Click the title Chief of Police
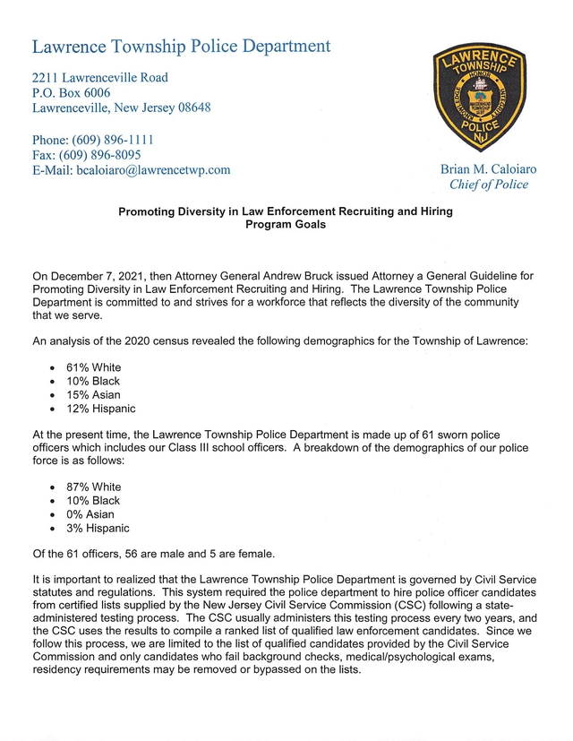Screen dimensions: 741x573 coord(489,185)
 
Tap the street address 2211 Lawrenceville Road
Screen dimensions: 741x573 coord(99,78)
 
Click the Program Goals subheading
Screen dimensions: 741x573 coord(286,225)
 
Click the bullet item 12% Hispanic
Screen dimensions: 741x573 coord(100,409)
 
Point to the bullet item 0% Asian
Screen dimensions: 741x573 coord(90,514)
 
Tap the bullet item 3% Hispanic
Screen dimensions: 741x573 coord(98,528)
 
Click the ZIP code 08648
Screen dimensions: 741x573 coord(190,108)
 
